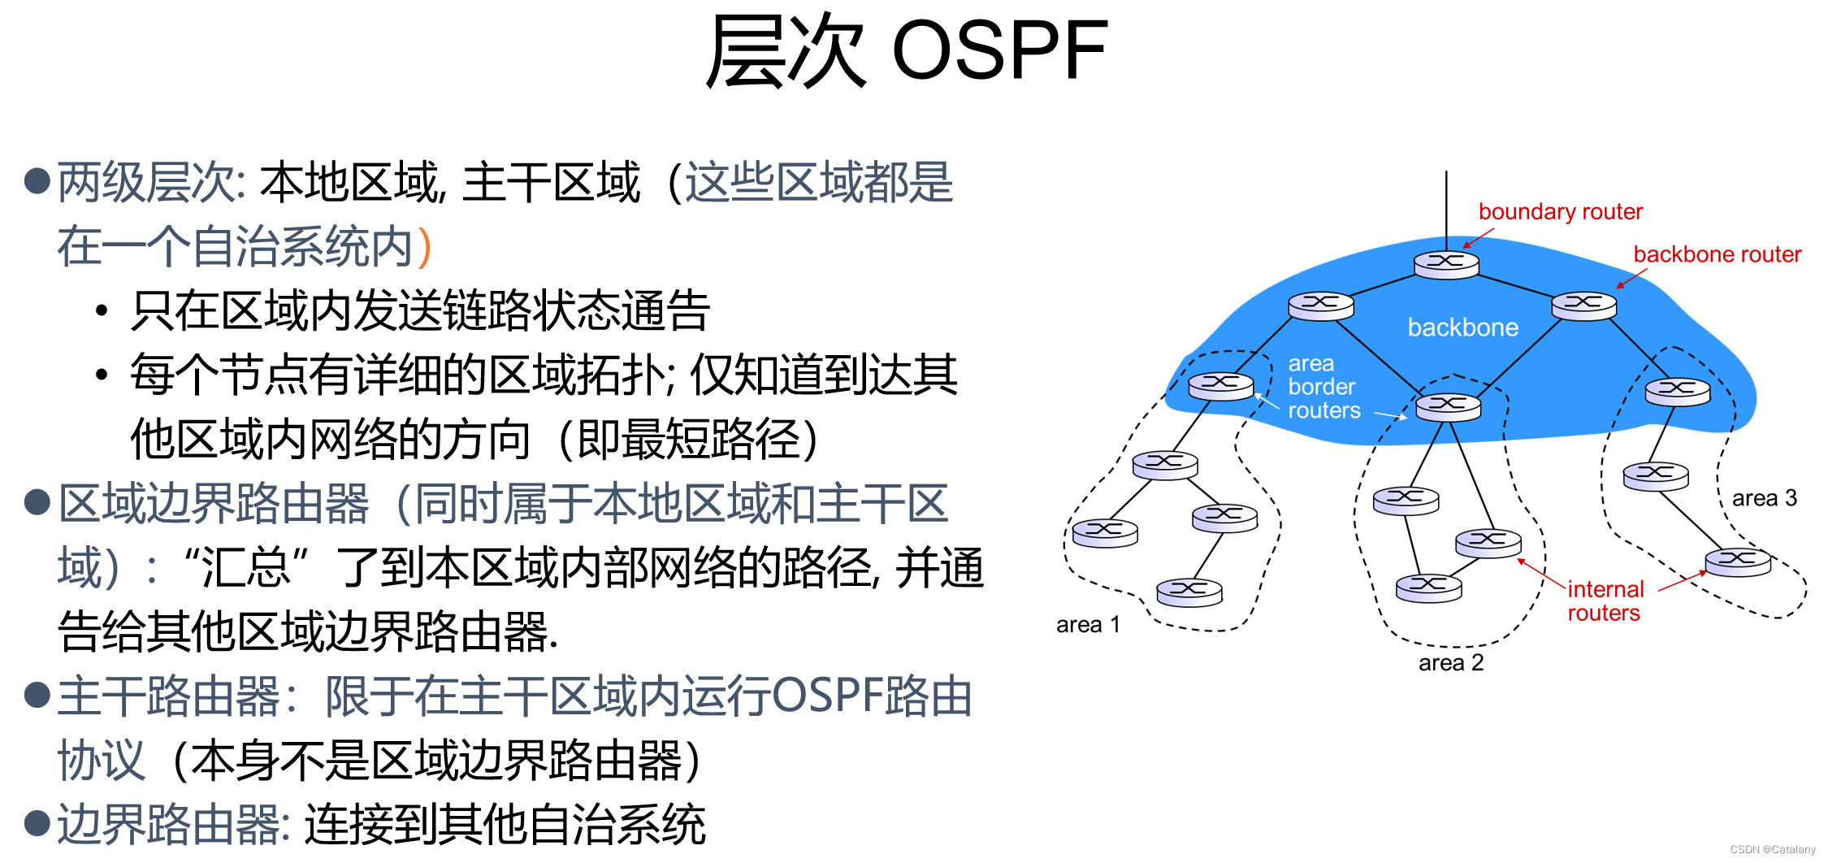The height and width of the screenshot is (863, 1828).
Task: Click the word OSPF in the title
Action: pos(999,50)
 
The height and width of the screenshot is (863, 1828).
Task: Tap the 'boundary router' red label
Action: pos(1560,212)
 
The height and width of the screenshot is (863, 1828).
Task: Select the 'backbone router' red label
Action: pos(1717,255)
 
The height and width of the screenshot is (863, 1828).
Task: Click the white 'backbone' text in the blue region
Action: pos(1462,327)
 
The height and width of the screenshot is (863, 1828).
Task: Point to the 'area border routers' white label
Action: pos(1323,387)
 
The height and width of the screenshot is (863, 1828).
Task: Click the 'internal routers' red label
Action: pos(1605,601)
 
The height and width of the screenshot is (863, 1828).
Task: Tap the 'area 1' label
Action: pos(1088,625)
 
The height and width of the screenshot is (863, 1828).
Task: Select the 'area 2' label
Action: pos(1450,663)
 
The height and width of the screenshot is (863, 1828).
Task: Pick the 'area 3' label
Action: pos(1764,498)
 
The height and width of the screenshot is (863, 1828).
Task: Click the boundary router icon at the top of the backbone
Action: pos(1446,265)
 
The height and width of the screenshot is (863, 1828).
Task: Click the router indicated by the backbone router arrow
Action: pos(1583,306)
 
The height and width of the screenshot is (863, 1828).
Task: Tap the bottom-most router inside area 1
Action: pos(1189,592)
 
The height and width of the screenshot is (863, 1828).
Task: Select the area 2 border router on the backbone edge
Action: pos(1448,406)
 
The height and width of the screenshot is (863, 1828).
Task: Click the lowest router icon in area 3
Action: pos(1738,562)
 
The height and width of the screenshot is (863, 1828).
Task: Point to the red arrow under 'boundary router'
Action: pos(1479,238)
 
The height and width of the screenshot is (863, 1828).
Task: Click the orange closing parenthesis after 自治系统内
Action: pos(423,247)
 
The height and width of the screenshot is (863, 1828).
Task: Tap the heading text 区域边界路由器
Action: pos(214,504)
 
